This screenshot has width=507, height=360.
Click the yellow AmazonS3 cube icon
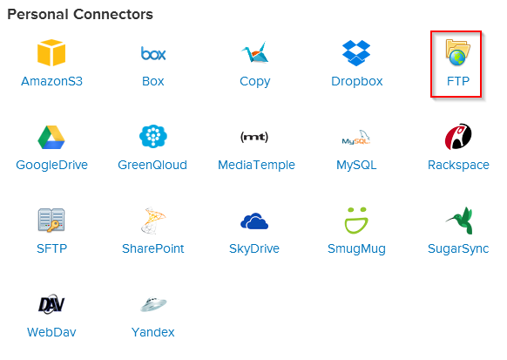tap(51, 52)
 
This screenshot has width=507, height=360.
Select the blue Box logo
tap(153, 53)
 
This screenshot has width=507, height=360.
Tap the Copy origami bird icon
tap(255, 52)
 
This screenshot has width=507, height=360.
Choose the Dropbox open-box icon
tap(356, 53)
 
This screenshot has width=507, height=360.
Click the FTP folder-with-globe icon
tap(457, 52)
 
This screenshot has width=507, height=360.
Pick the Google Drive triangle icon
tap(51, 137)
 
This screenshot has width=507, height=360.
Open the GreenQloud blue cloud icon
tap(153, 137)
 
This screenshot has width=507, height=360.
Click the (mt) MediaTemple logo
tap(254, 137)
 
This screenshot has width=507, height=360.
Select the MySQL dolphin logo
tap(356, 138)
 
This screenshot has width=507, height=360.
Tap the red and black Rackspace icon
tap(458, 137)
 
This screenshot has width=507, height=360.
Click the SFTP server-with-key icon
tap(51, 221)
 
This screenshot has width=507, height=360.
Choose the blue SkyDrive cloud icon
tap(254, 221)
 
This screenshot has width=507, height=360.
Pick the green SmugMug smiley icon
tap(356, 221)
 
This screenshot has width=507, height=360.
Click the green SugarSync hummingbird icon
tap(460, 221)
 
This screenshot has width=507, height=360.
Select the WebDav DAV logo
tap(51, 304)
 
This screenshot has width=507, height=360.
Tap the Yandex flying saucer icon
tap(153, 304)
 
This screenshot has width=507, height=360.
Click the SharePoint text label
tap(153, 248)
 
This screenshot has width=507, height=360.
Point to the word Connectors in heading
tap(113, 14)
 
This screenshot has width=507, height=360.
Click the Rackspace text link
tap(458, 165)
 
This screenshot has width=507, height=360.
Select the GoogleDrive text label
tap(51, 165)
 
